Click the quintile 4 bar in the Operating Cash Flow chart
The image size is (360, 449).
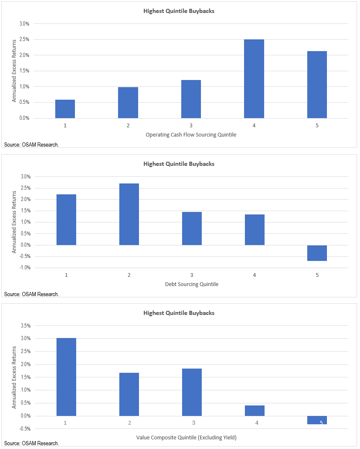(x=254, y=79)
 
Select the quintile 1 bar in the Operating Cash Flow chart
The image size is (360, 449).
(x=65, y=109)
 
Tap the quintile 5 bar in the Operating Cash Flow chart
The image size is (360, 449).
(x=317, y=85)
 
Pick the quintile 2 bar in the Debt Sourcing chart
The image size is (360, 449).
(x=129, y=214)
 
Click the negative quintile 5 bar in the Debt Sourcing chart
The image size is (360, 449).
(x=317, y=253)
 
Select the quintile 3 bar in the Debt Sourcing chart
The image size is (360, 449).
(x=192, y=228)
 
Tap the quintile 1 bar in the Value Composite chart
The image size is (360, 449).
(x=66, y=377)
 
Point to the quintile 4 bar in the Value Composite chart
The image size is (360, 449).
(x=255, y=410)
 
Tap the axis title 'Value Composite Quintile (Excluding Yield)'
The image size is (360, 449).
(x=186, y=438)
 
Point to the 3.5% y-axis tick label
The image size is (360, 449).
(x=24, y=325)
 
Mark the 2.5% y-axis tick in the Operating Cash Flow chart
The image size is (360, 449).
(x=24, y=39)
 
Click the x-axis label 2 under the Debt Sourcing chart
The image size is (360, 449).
(x=129, y=275)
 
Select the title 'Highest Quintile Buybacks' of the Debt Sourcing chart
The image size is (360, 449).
(x=179, y=164)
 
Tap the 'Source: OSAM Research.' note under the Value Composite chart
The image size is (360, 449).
(x=31, y=443)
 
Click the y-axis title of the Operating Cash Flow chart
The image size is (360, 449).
(x=14, y=71)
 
